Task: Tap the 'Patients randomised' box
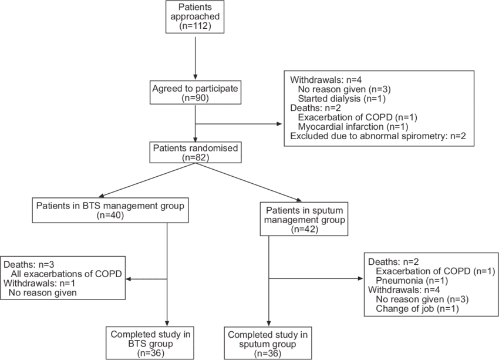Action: tap(195, 152)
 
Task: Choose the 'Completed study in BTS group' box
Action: tap(149, 344)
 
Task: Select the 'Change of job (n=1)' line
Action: tap(416, 308)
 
